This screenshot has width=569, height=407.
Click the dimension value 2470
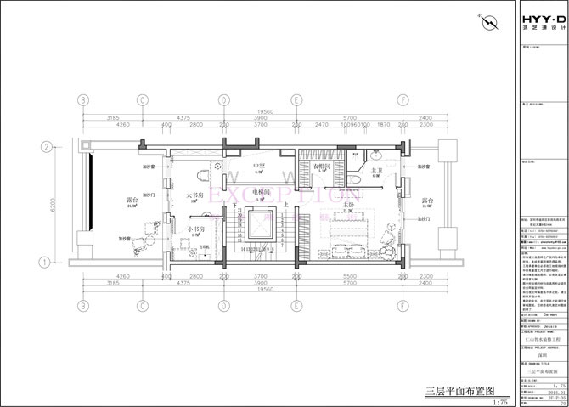coord(321,124)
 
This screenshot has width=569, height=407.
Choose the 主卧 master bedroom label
coord(347,205)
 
